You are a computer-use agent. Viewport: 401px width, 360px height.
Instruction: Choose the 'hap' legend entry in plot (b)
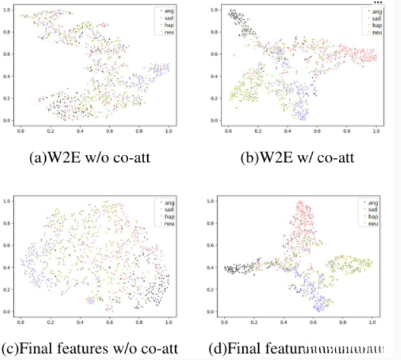click(x=376, y=25)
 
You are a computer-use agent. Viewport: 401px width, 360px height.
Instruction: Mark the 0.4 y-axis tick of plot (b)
click(x=215, y=76)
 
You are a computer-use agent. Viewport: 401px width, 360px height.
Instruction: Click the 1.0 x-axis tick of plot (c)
click(x=168, y=323)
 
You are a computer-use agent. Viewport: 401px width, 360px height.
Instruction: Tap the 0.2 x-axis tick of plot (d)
click(x=254, y=323)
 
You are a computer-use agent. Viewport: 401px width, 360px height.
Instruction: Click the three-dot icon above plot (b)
click(x=377, y=3)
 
